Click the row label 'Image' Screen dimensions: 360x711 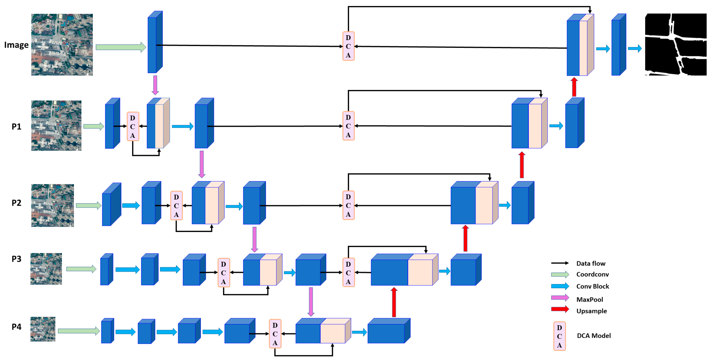(16, 45)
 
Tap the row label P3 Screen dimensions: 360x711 (16, 259)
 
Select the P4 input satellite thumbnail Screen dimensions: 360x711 (43, 329)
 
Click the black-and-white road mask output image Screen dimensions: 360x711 (675, 44)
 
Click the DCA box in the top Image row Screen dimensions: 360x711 (348, 46)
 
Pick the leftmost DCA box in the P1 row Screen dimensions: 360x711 (133, 126)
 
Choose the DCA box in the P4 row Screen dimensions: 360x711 (275, 334)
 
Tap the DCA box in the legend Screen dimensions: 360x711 (559, 336)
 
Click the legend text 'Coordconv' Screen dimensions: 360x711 (592, 274)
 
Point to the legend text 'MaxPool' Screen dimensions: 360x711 (590, 300)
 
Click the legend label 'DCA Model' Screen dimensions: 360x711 (594, 336)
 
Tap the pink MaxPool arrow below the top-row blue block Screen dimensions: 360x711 (155, 85)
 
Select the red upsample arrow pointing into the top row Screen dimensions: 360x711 (574, 87)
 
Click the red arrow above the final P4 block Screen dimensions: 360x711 (394, 302)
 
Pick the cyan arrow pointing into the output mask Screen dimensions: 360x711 (635, 49)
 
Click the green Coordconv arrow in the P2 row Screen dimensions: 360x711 (89, 205)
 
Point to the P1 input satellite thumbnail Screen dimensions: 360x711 (56, 126)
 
